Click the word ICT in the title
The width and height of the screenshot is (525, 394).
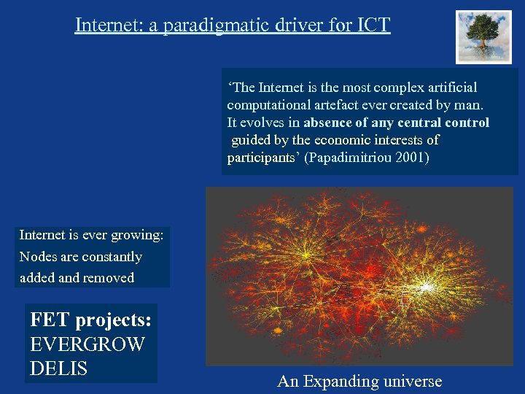point(374,25)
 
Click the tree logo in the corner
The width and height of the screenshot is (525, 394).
point(484,36)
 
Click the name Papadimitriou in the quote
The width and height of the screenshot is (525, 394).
point(346,158)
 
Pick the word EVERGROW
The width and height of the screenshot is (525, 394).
point(87,344)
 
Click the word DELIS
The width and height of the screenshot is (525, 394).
point(58,368)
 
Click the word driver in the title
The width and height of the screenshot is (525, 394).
point(300,25)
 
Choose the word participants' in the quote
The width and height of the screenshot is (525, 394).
point(263,158)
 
